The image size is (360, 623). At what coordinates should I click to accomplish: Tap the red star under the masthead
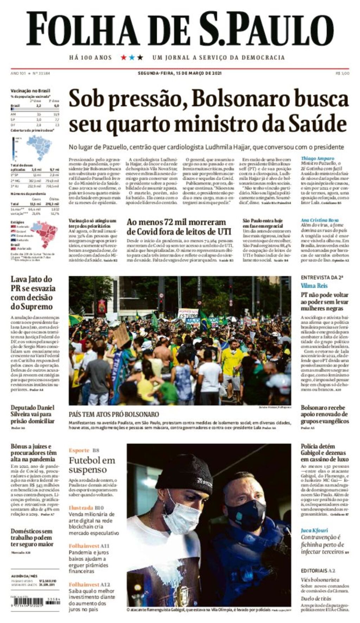(123, 57)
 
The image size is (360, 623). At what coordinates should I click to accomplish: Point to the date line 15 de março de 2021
(180, 73)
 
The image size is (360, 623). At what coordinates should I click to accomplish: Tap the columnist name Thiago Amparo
(317, 158)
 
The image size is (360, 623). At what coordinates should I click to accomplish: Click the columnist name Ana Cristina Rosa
(320, 220)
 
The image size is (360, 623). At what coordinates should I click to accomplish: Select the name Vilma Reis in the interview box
(314, 286)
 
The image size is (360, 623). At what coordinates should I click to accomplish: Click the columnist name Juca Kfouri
(314, 530)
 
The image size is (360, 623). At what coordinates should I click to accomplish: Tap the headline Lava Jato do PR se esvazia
(33, 293)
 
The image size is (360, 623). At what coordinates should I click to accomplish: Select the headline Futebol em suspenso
(92, 465)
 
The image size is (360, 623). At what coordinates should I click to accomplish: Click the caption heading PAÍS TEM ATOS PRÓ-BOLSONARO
(114, 414)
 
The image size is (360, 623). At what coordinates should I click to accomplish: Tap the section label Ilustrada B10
(86, 508)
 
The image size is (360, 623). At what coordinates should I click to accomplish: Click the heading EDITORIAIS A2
(318, 571)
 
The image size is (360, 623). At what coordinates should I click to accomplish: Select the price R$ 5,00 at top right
(342, 73)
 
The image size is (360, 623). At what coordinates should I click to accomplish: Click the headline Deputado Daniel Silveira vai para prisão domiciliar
(33, 414)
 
